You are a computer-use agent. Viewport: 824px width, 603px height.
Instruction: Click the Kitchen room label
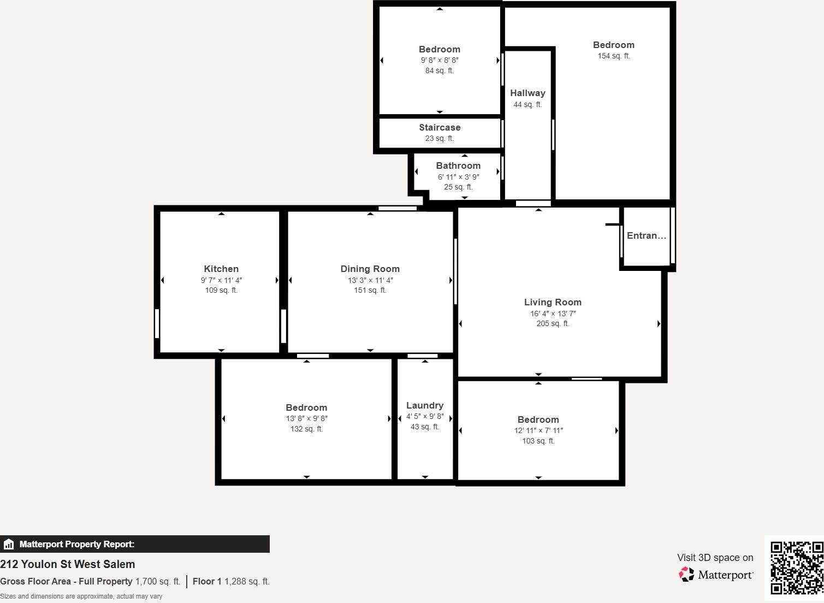[221, 269]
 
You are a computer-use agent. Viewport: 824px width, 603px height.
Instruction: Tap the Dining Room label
[370, 269]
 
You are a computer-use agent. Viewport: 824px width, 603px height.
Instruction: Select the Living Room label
[553, 302]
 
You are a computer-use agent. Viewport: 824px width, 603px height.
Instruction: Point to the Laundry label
[425, 405]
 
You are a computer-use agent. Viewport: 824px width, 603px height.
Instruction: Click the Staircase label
[440, 127]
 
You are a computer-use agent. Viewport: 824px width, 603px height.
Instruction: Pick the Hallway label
[527, 93]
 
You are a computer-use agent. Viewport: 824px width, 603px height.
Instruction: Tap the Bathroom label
[458, 165]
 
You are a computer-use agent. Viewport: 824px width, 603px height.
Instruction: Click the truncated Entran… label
[647, 235]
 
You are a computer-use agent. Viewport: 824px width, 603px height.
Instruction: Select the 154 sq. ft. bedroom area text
[614, 56]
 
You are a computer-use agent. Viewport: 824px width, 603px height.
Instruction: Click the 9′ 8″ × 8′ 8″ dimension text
[440, 60]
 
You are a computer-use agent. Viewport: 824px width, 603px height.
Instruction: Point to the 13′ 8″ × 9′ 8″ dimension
[306, 418]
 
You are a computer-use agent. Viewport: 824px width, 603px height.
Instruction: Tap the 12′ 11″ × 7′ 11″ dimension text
[538, 430]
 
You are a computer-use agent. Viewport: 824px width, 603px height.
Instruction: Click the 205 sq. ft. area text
[553, 323]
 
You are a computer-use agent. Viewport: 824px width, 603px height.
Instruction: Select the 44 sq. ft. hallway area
[527, 104]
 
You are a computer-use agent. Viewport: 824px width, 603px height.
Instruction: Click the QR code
[796, 567]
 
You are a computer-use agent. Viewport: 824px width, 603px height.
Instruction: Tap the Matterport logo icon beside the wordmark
[686, 574]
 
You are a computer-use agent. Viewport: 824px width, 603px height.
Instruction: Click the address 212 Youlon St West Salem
[68, 564]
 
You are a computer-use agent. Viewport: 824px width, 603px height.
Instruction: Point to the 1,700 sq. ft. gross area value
[158, 581]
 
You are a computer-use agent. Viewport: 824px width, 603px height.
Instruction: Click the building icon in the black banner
[9, 544]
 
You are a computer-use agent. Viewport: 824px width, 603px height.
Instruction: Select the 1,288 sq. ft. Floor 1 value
[247, 581]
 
